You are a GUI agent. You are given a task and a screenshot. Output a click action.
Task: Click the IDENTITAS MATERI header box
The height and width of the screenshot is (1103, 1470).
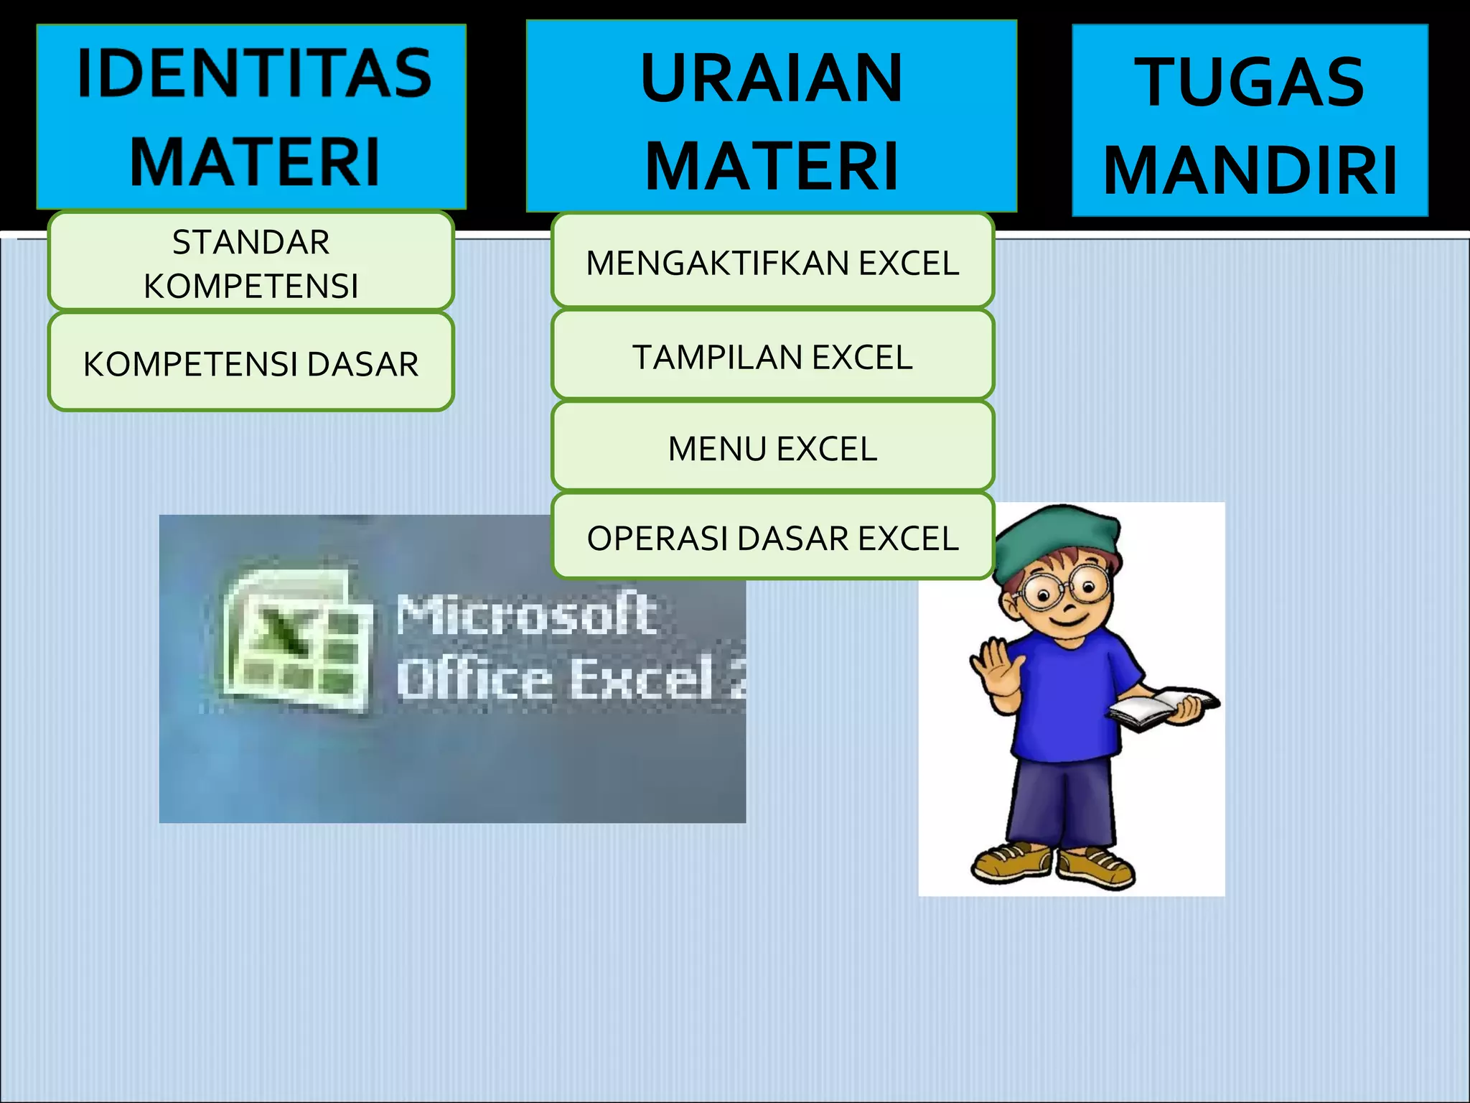251,116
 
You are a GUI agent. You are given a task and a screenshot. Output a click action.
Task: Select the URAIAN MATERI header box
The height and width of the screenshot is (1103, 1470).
771,116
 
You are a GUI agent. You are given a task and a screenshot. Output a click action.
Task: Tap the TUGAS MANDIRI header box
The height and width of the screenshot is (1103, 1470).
1250,121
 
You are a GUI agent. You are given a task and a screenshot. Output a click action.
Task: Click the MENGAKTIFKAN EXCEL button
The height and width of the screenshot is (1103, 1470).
772,261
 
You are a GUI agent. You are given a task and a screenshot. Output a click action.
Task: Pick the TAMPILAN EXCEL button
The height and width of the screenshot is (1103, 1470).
772,355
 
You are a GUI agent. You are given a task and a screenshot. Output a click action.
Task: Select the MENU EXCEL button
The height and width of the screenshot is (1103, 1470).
772,447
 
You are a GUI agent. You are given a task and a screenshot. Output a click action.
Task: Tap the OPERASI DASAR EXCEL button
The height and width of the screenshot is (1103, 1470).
772,537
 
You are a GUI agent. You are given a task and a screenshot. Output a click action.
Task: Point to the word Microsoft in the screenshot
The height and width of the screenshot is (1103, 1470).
527,614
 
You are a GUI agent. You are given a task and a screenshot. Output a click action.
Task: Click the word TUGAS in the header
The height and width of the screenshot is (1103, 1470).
1249,82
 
